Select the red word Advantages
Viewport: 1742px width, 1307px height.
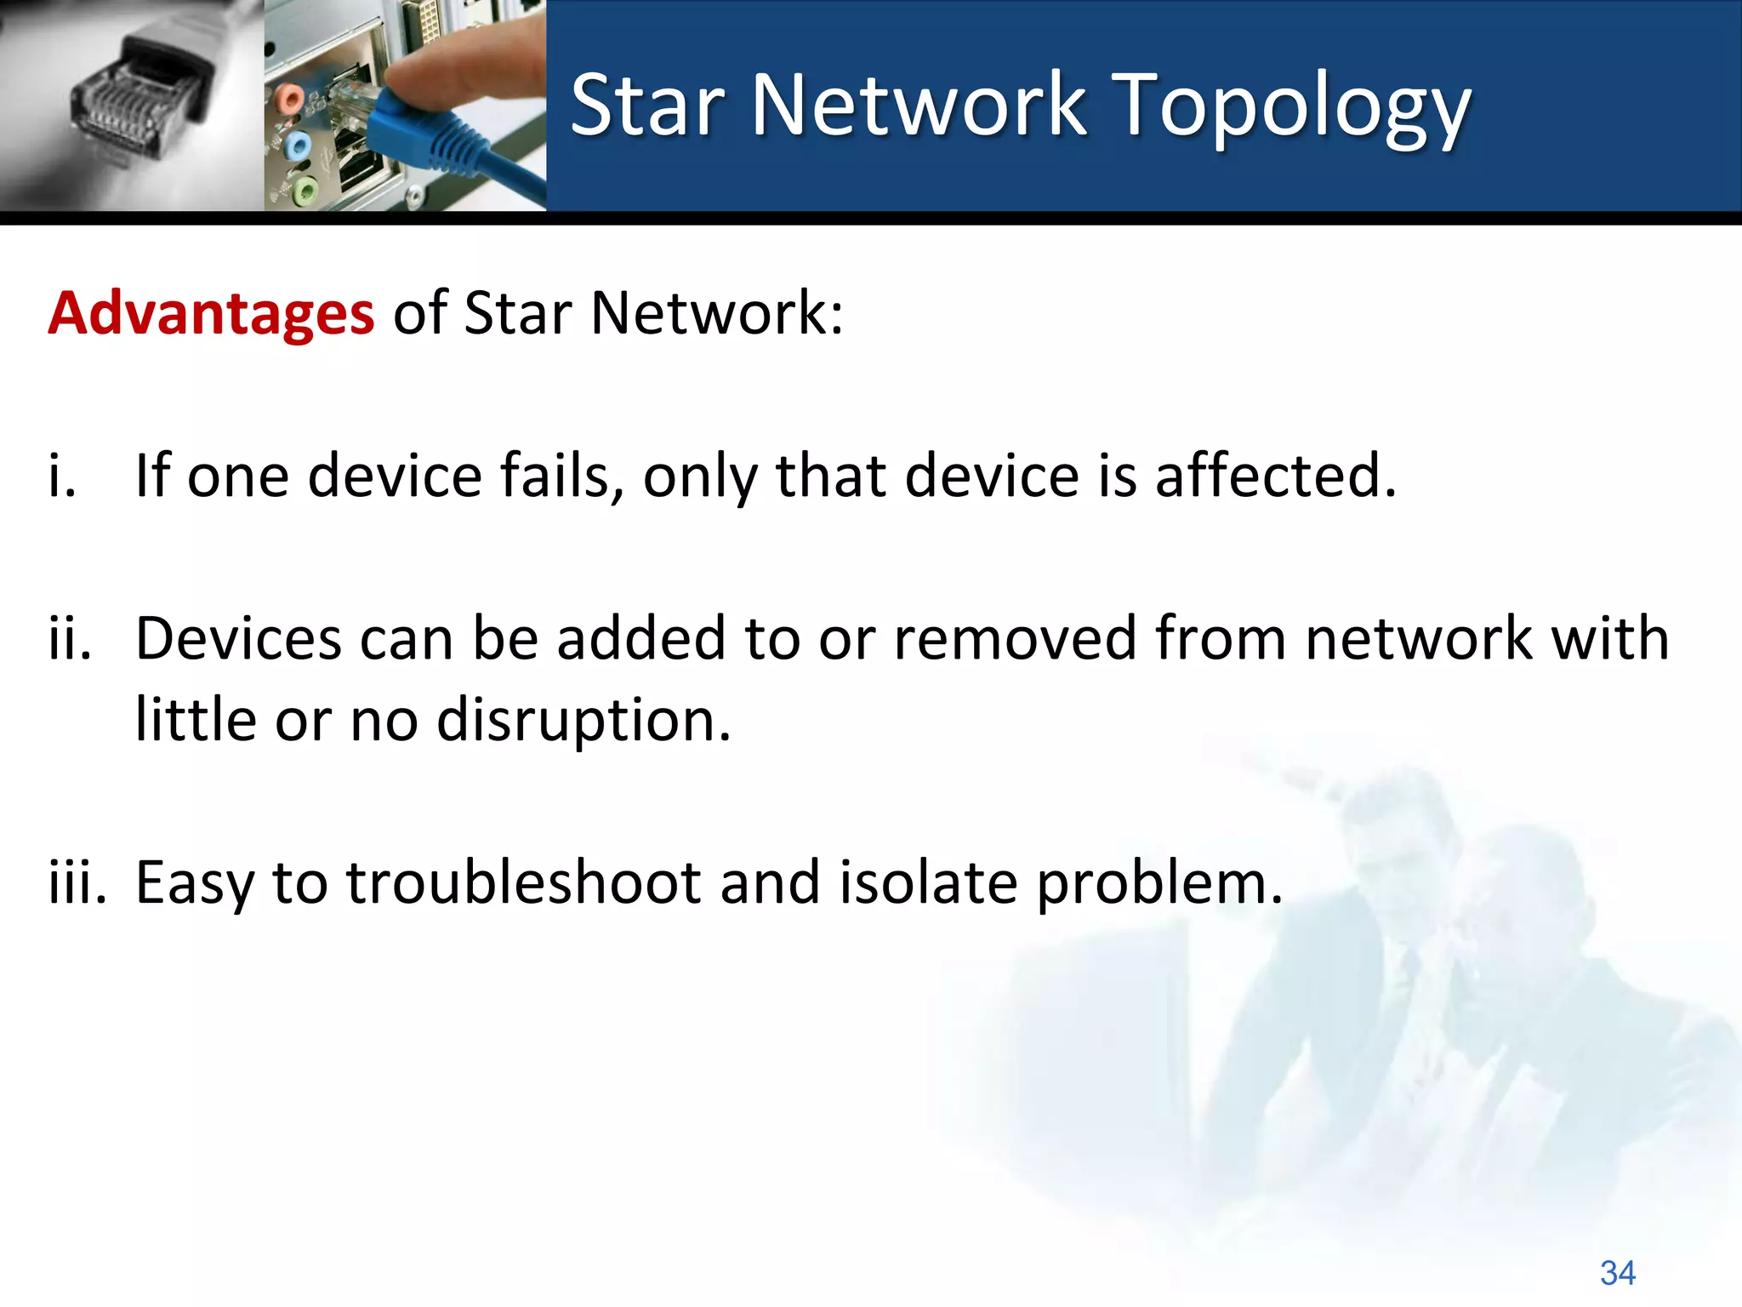pos(211,313)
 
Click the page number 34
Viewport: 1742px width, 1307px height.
pos(1617,1273)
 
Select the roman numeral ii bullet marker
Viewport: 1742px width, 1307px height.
pos(70,638)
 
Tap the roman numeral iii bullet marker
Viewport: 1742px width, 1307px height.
pos(77,882)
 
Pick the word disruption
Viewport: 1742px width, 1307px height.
pos(584,720)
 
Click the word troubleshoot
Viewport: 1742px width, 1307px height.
pos(524,882)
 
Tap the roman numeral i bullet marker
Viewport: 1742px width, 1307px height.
pos(61,475)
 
